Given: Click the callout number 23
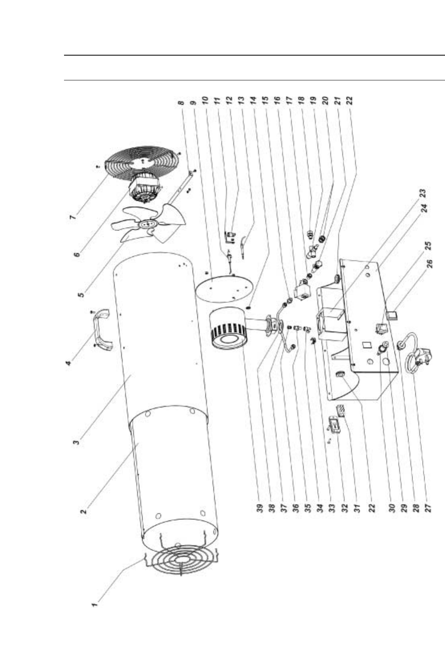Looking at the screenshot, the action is pyautogui.click(x=424, y=195).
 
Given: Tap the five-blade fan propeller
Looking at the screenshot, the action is pyautogui.click(x=152, y=224).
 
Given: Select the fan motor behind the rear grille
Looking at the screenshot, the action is pyautogui.click(x=144, y=188).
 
